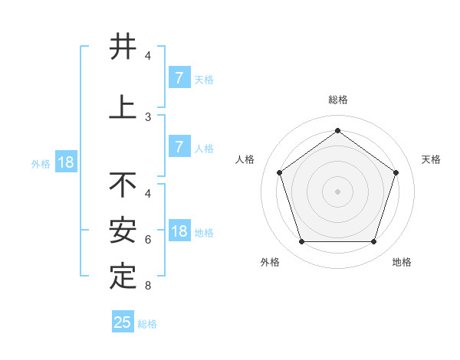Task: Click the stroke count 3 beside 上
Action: pos(148,117)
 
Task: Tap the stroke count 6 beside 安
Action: pos(148,240)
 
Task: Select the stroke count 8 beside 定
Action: pos(148,286)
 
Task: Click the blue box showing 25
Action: pos(123,322)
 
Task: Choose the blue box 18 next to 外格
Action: pos(65,162)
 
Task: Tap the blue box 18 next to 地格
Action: pos(179,232)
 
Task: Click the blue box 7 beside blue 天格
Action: pos(179,78)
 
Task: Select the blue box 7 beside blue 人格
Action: pos(179,147)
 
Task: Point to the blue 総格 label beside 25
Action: pos(147,324)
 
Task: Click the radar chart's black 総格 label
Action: pos(337,100)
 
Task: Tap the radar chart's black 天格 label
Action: pos(431,159)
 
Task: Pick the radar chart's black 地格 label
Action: pos(402,262)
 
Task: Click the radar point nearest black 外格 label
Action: pos(301,242)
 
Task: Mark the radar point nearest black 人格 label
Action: pos(279,172)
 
